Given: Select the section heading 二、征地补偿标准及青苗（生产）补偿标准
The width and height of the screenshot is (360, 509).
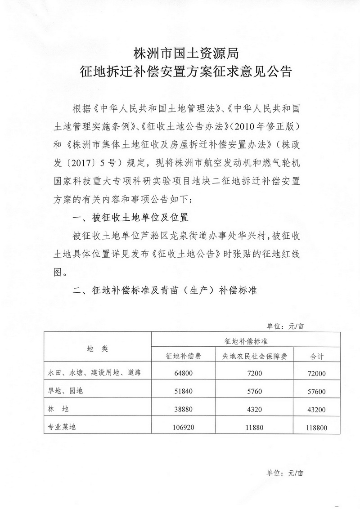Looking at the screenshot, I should pyautogui.click(x=165, y=290).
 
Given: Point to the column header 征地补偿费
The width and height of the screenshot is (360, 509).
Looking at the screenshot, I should pyautogui.click(x=183, y=356).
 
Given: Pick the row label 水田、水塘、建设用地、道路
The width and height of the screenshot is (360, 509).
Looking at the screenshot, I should pyautogui.click(x=94, y=372).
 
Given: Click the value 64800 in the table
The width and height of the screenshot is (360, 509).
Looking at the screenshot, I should pyautogui.click(x=183, y=373).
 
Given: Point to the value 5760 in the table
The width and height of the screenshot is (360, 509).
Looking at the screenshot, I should pyautogui.click(x=254, y=391).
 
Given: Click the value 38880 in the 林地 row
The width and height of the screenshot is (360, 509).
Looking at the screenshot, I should pyautogui.click(x=183, y=410).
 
